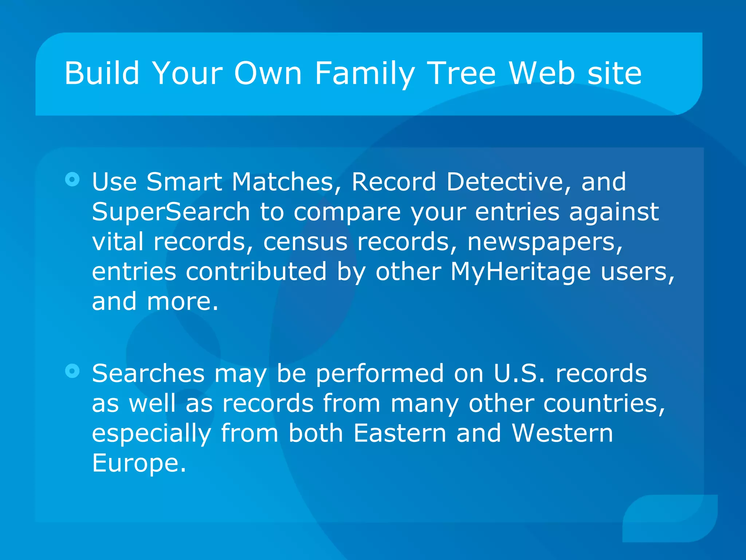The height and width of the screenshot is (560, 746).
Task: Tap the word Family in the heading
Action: click(x=364, y=74)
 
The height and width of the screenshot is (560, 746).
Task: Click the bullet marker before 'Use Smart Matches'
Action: click(x=72, y=179)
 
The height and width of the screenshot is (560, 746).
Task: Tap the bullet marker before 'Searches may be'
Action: click(x=72, y=371)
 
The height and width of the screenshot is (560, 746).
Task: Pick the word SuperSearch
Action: click(x=170, y=211)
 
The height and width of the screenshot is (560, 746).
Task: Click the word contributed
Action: click(x=256, y=272)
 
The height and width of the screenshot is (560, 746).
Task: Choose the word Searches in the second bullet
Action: click(x=148, y=373)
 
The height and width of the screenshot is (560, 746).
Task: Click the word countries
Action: click(x=604, y=404)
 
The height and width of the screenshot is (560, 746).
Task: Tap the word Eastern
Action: click(x=400, y=433)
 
